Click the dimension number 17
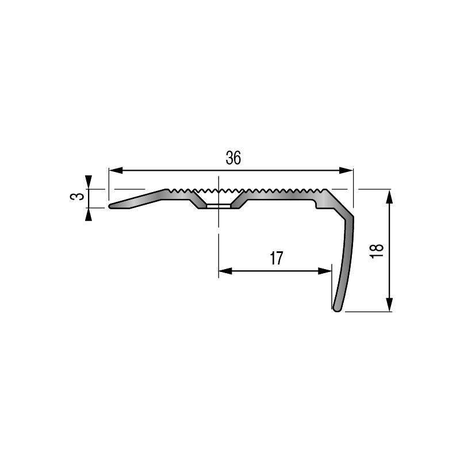[277, 259]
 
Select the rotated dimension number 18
[377, 251]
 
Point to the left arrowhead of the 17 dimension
[225, 271]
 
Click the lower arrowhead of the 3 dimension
[88, 214]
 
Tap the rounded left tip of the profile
[110, 205]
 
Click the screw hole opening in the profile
[218, 205]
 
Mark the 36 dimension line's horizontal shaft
[172, 171]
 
